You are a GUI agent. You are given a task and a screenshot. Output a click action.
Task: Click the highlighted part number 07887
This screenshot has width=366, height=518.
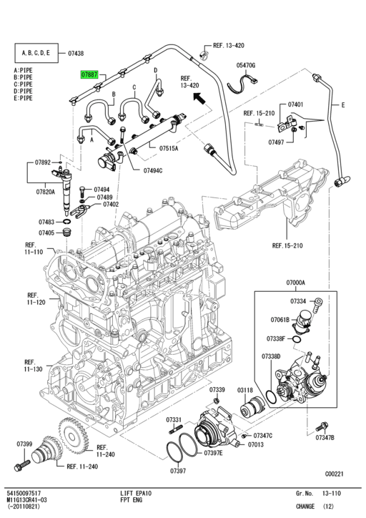(x=90, y=73)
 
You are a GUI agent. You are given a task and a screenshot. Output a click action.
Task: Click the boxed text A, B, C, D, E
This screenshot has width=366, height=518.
(x=37, y=53)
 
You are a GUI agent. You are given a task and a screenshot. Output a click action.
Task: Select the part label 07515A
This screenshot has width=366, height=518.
(x=169, y=148)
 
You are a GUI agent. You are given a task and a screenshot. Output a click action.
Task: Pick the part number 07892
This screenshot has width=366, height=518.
(x=44, y=162)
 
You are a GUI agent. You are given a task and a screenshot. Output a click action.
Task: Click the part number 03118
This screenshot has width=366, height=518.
(x=246, y=390)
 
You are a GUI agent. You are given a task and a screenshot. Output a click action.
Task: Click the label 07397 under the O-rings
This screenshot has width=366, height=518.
(x=178, y=471)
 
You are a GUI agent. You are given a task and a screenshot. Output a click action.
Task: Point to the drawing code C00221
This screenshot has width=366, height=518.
(x=335, y=473)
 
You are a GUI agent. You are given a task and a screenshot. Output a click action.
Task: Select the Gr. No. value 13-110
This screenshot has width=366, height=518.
(x=332, y=494)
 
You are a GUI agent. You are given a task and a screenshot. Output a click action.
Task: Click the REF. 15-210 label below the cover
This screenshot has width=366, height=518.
(x=287, y=246)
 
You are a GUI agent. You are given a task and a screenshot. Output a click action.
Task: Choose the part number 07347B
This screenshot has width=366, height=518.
(x=325, y=437)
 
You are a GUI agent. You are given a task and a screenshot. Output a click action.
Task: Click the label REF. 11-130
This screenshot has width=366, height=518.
(x=33, y=366)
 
